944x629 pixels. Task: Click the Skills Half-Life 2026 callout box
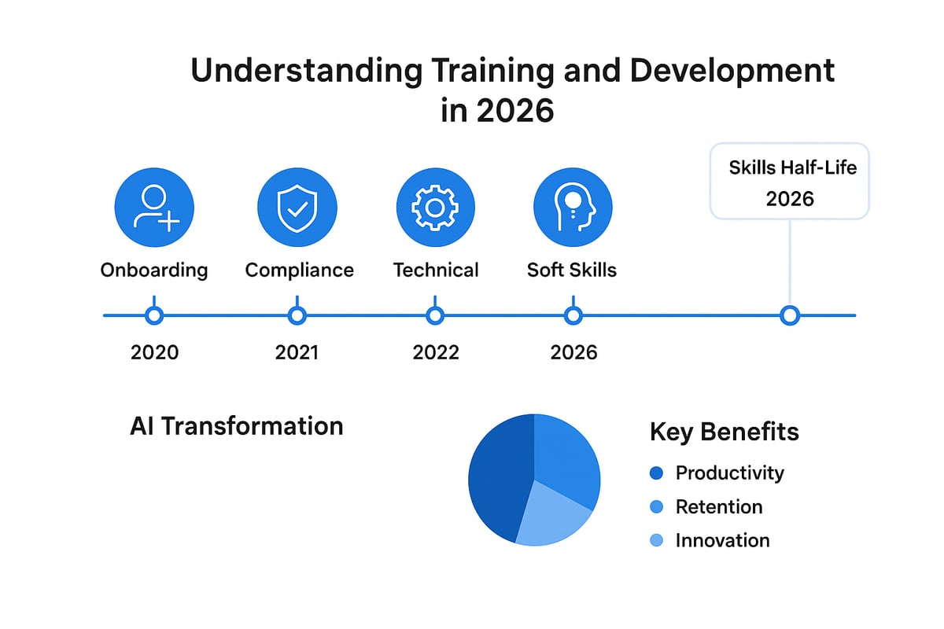pyautogui.click(x=789, y=181)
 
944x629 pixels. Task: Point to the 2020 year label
pyautogui.click(x=154, y=351)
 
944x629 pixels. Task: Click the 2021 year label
pyautogui.click(x=297, y=351)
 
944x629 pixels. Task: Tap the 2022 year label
pyautogui.click(x=435, y=351)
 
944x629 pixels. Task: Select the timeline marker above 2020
pyautogui.click(x=154, y=315)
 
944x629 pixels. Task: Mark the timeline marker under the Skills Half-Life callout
pyautogui.click(x=789, y=315)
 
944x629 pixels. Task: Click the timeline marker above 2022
pyautogui.click(x=435, y=315)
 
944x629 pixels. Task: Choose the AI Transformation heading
pyautogui.click(x=236, y=426)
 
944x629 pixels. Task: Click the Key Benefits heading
pyautogui.click(x=725, y=432)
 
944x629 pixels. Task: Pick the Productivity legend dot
pyautogui.click(x=658, y=473)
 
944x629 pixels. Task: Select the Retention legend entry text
pyautogui.click(x=719, y=507)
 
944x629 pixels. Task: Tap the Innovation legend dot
pyautogui.click(x=658, y=541)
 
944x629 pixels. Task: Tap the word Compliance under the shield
pyautogui.click(x=299, y=270)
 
